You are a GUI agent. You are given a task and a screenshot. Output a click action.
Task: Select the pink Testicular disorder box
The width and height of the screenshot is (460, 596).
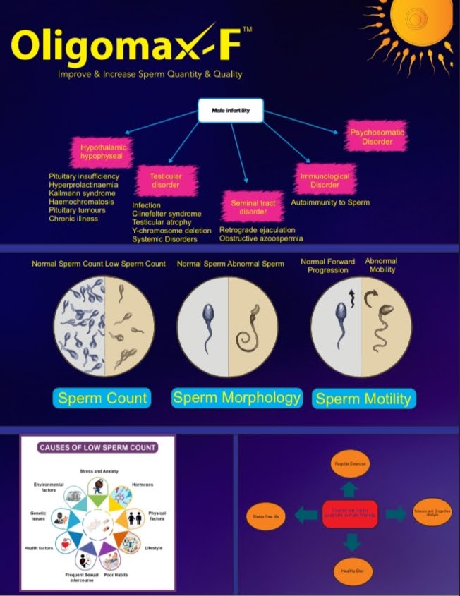pos(167,181)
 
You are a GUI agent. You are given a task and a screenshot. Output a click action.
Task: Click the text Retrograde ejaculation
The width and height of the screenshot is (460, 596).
pos(257,230)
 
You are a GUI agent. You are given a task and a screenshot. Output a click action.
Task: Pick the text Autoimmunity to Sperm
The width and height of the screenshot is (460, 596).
pos(330,202)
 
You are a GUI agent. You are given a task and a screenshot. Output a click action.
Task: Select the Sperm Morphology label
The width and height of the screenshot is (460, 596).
pos(237,397)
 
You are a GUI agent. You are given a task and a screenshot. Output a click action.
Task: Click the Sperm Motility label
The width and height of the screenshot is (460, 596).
pos(363,399)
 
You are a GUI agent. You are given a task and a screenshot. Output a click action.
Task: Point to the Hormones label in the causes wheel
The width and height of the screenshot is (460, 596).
pos(143,485)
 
